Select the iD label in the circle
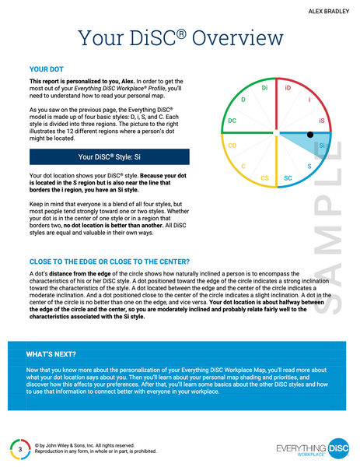tap(287, 89)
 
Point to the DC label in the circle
tap(232, 121)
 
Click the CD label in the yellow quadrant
tap(232, 146)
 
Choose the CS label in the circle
tap(264, 178)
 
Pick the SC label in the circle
tap(288, 178)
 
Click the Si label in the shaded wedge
tap(322, 146)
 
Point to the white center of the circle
tap(277, 133)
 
